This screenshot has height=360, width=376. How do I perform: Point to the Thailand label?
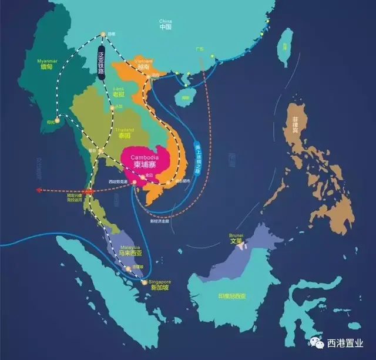coord(124,132)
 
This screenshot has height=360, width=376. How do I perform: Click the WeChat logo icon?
coord(317,342)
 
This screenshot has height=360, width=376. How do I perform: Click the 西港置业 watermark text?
coord(347,343)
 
